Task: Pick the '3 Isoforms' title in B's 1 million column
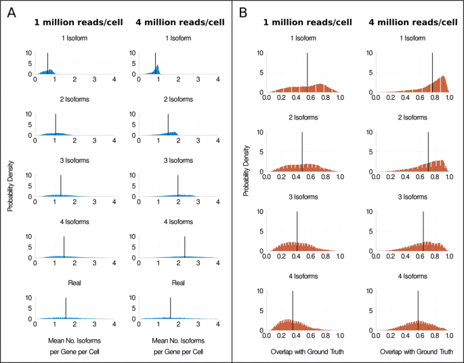(302, 197)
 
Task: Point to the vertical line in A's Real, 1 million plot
(66, 308)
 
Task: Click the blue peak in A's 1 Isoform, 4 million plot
(158, 67)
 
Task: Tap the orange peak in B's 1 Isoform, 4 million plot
(442, 77)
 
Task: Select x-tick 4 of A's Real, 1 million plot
(114, 324)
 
